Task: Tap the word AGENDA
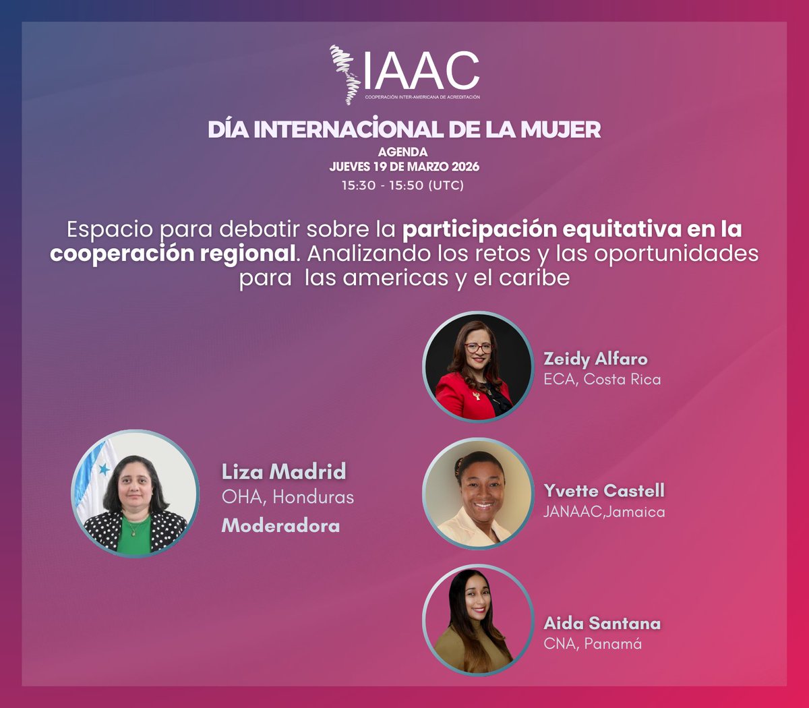[x=402, y=152]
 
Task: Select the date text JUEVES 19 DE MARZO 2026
[x=404, y=167]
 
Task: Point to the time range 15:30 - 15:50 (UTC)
[x=402, y=185]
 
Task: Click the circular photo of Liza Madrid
[x=135, y=494]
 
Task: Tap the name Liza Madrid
[x=284, y=471]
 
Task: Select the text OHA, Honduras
[x=288, y=498]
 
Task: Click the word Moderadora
[x=280, y=525]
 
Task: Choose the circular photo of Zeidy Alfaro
[x=478, y=367]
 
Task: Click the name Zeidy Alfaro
[x=595, y=359]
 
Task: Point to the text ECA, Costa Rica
[x=602, y=379]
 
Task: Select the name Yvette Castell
[x=604, y=490]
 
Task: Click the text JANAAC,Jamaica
[x=604, y=512]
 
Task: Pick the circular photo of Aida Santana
[x=478, y=620]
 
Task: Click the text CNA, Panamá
[x=593, y=643]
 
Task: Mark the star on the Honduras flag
[x=104, y=469]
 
